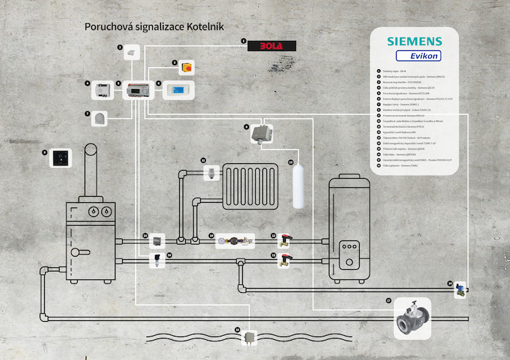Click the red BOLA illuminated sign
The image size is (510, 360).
coord(272,46)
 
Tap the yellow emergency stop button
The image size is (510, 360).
coord(186,67)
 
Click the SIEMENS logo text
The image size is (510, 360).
coord(414,40)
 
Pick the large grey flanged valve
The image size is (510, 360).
coord(411,318)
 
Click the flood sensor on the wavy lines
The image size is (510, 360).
coord(250,336)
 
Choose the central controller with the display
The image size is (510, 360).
coord(138,90)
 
